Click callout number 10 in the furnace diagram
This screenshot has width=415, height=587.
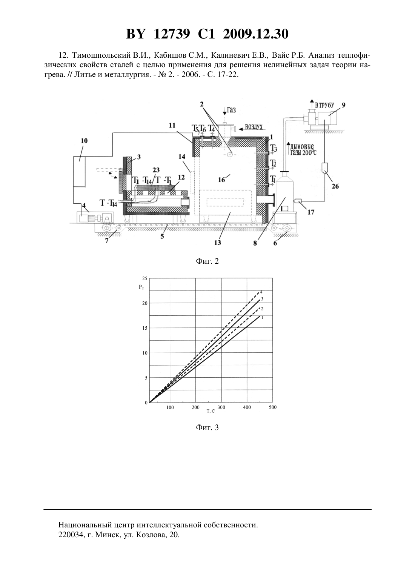tap(84, 141)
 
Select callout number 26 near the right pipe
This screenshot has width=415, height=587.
tap(335, 186)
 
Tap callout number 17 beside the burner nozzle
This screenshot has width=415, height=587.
tap(311, 212)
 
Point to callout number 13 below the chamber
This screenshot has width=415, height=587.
tap(218, 243)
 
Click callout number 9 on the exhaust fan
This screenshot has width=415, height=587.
tap(343, 105)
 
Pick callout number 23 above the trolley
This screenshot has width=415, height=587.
tap(156, 171)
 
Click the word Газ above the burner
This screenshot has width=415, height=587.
tap(231, 110)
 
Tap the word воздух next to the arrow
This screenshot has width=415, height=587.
tap(254, 127)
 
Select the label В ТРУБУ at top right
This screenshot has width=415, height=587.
tap(324, 105)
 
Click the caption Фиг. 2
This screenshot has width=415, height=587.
tap(207, 261)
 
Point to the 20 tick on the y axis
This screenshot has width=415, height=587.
tap(145, 303)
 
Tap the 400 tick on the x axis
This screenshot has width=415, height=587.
tap(247, 407)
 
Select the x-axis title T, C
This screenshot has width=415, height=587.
tap(211, 411)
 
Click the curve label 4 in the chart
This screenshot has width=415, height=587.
tap(261, 292)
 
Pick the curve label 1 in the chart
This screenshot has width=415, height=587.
tap(262, 317)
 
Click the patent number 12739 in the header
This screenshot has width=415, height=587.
tap(172, 34)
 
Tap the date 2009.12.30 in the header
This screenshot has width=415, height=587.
tap(256, 34)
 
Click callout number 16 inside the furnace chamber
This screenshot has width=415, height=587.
tap(221, 180)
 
